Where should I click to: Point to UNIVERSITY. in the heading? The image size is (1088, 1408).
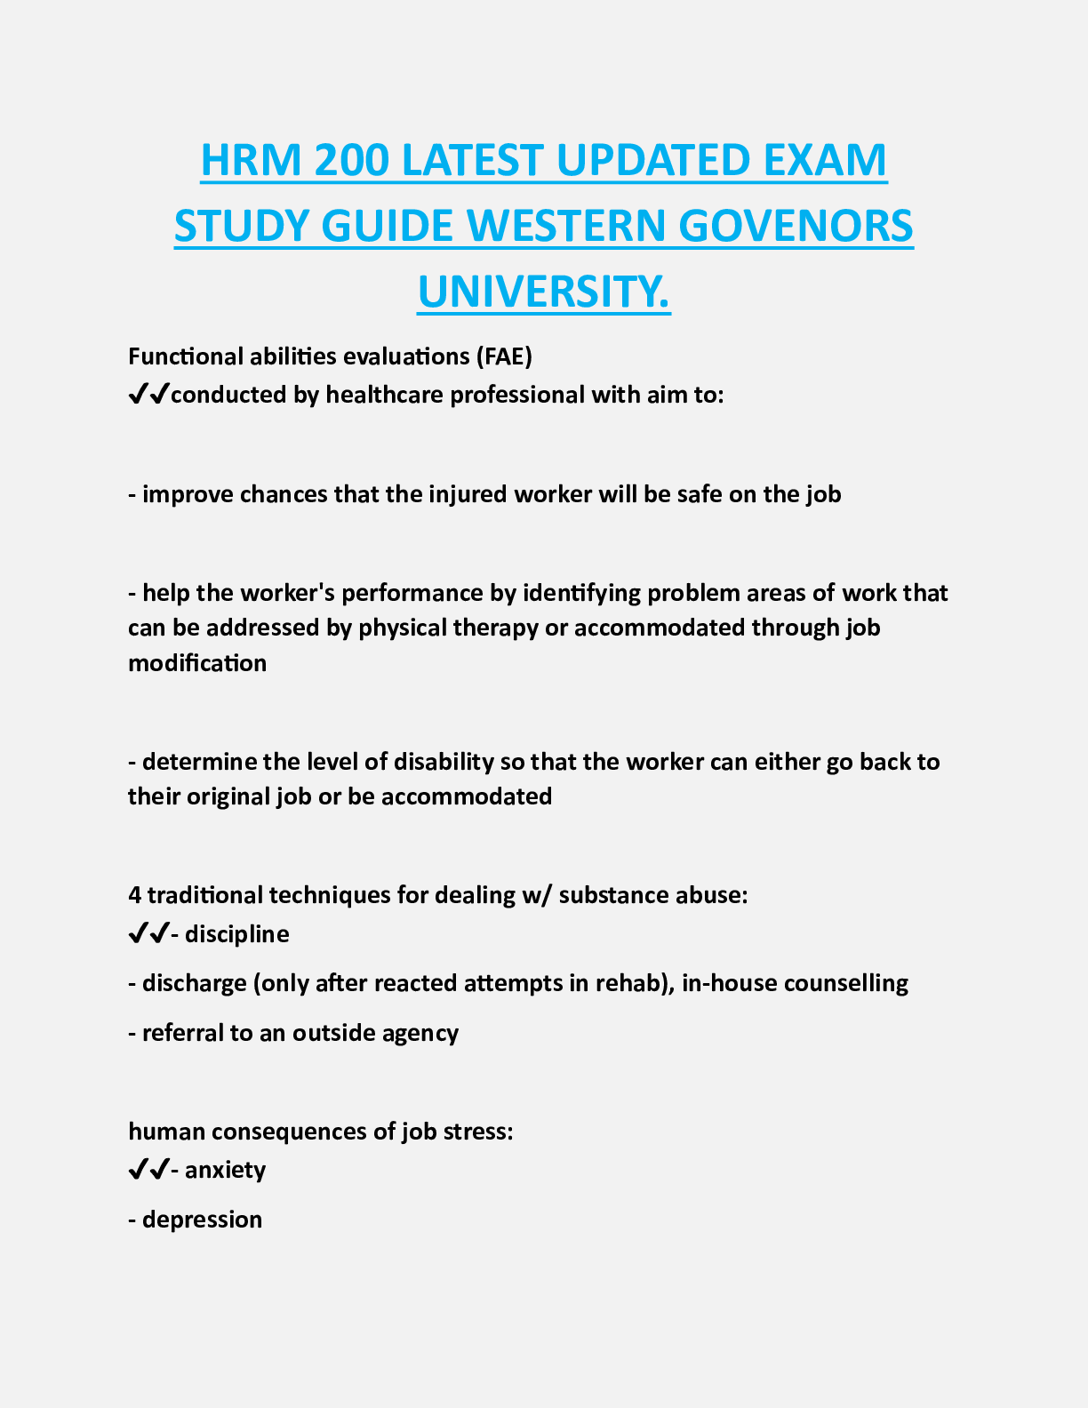(x=544, y=292)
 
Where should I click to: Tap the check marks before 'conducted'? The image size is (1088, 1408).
(x=148, y=395)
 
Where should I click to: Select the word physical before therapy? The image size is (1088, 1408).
(x=403, y=628)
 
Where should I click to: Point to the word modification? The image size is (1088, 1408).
(x=197, y=663)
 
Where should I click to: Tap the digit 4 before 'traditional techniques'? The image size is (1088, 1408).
(x=134, y=895)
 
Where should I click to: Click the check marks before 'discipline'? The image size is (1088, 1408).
(x=148, y=934)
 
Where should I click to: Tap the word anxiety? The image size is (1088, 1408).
(x=225, y=1170)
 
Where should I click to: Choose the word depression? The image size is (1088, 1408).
(x=202, y=1220)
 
